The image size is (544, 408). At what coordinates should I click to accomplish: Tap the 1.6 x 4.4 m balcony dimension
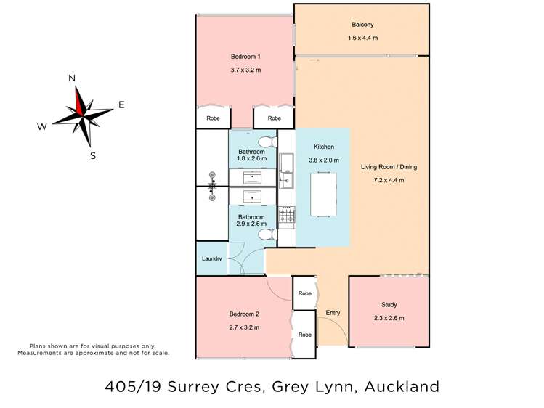click(x=362, y=38)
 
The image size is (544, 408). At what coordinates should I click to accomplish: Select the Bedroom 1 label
click(x=245, y=57)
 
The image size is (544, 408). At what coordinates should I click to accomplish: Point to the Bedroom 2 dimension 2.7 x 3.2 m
click(x=244, y=327)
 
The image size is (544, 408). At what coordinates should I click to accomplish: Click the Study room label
click(x=389, y=305)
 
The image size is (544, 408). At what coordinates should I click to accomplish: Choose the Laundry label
click(x=211, y=258)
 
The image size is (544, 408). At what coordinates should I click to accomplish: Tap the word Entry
click(x=333, y=313)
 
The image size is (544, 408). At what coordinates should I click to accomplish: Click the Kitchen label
click(x=323, y=147)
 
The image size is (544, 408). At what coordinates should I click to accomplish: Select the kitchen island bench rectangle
click(x=324, y=194)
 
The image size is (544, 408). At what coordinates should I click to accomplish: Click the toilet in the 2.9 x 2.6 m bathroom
click(x=267, y=234)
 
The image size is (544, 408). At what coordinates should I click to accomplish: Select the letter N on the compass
click(x=73, y=78)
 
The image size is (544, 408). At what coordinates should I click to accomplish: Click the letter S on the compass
click(x=92, y=155)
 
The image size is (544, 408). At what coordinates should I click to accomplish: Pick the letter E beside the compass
click(x=121, y=105)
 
